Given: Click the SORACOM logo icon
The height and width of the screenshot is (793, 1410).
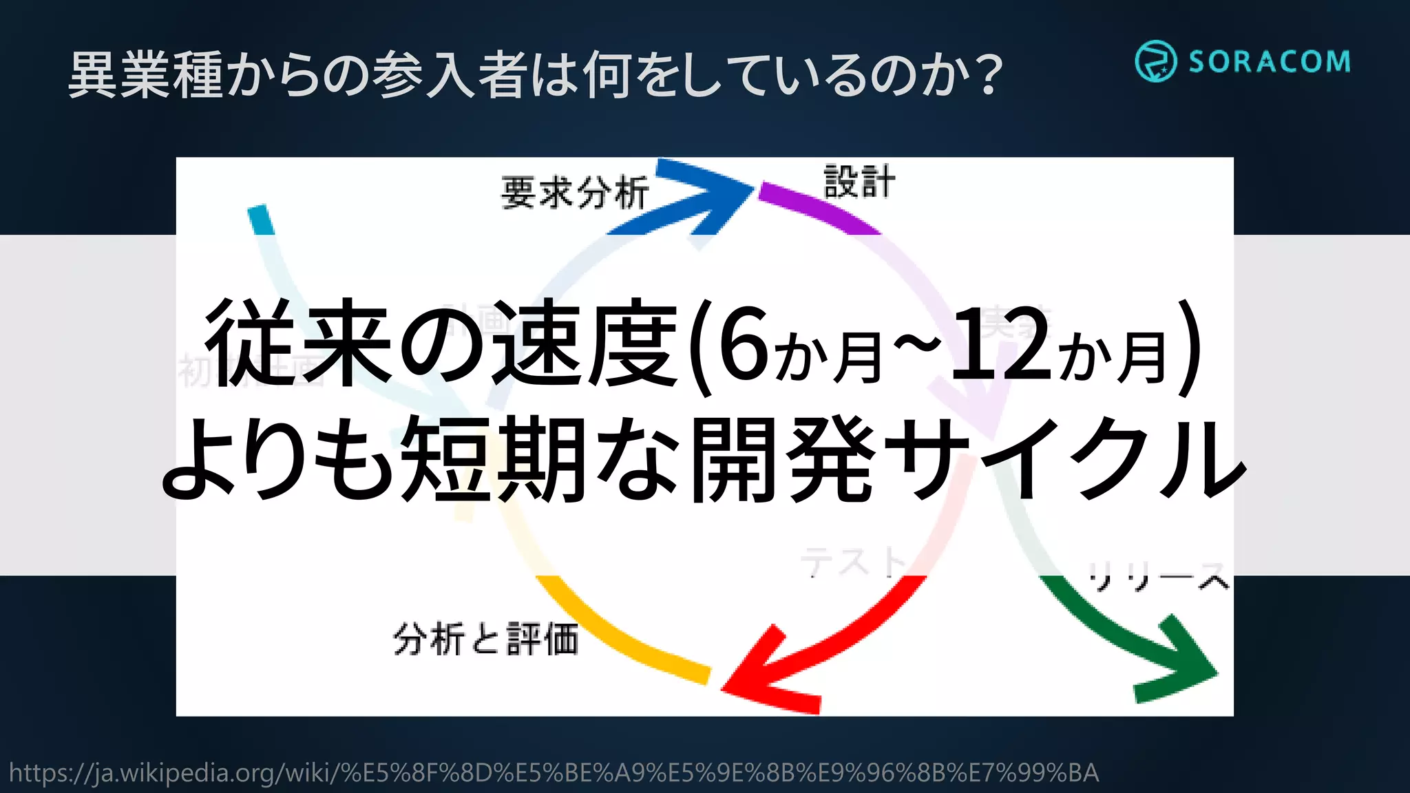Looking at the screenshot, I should point(1155,61).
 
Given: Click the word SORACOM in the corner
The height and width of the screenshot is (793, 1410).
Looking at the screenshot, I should point(1269,62).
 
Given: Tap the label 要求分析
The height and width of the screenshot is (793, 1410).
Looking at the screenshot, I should point(575,192).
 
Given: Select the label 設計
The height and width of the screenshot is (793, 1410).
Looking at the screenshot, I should point(859,182).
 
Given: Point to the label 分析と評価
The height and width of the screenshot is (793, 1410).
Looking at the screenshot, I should point(485,639).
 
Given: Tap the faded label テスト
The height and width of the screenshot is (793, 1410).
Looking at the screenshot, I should point(854,561).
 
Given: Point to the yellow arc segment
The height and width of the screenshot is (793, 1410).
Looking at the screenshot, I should point(620,633).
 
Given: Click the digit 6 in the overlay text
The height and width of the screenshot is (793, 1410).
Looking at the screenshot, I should point(744,344).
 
